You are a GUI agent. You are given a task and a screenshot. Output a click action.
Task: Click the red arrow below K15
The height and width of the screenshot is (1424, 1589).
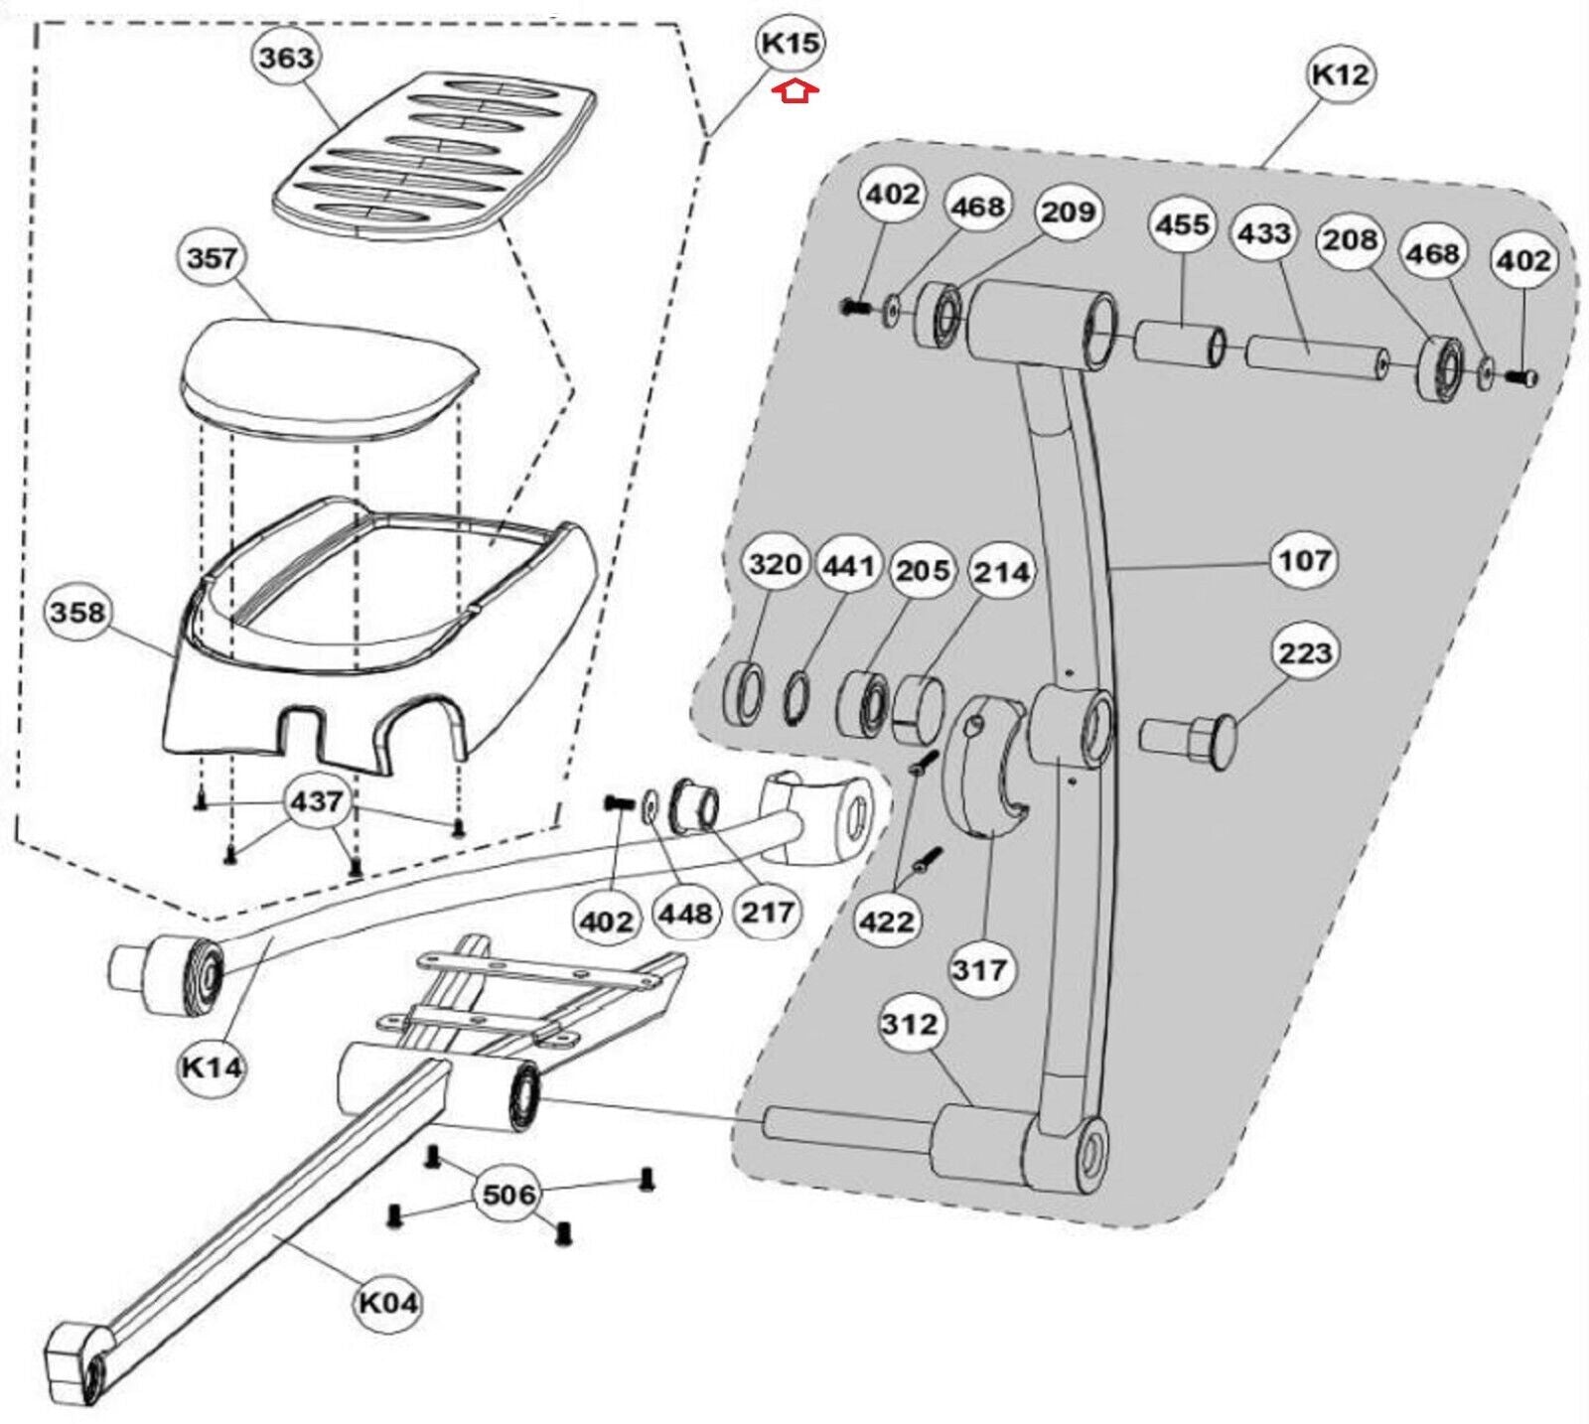click(x=796, y=92)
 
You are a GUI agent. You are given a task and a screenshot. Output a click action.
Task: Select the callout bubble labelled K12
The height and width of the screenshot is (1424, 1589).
click(x=1340, y=74)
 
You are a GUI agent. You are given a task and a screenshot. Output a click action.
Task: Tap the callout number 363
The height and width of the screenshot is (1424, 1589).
click(x=285, y=58)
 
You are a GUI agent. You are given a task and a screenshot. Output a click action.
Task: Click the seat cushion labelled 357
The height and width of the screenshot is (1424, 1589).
click(x=328, y=372)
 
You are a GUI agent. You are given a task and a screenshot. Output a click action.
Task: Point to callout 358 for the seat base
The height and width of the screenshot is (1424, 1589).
click(x=76, y=612)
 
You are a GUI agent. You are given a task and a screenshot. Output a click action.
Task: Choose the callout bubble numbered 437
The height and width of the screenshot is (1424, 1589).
click(x=316, y=800)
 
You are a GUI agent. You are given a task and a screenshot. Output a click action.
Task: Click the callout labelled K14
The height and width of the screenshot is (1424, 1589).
click(x=212, y=1068)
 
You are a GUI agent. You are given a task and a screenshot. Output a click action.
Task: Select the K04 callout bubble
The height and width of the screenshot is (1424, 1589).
click(x=387, y=1302)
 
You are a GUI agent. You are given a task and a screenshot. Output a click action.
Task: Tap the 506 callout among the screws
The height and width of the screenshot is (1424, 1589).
click(x=508, y=1194)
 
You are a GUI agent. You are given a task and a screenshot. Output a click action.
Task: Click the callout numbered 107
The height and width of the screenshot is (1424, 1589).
click(x=1304, y=560)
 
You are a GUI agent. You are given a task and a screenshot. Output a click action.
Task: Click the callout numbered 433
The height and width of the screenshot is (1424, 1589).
click(x=1264, y=234)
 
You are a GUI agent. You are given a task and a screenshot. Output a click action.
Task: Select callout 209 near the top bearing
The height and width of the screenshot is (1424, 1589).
click(x=1068, y=212)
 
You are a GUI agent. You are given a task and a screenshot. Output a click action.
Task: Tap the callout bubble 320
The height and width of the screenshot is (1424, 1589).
click(x=775, y=564)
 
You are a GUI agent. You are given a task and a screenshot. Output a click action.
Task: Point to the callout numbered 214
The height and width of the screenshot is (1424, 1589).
click(x=1002, y=571)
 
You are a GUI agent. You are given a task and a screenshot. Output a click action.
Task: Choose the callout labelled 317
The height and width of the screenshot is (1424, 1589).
click(x=980, y=968)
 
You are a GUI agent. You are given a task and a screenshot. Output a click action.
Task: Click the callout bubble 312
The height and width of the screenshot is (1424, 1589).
click(x=910, y=1023)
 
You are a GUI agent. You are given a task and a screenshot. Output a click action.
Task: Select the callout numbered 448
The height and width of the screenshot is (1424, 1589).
click(x=686, y=913)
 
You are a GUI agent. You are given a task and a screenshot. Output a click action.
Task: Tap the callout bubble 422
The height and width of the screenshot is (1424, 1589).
click(x=887, y=922)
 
